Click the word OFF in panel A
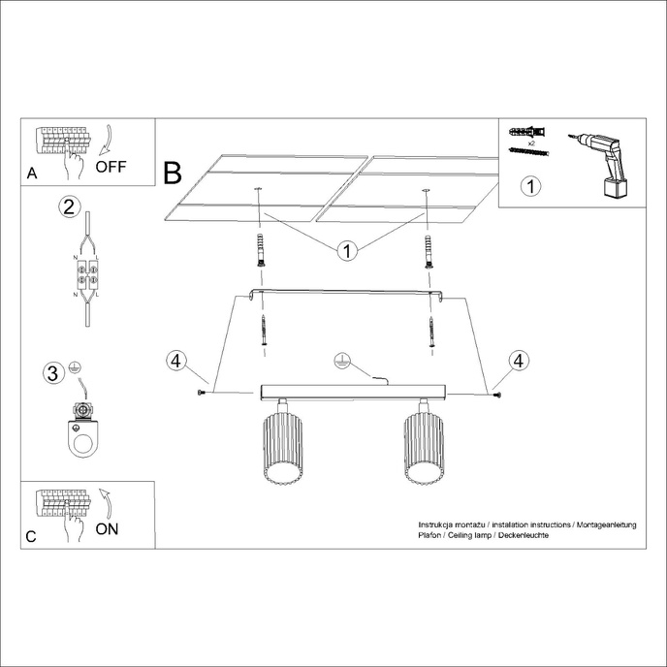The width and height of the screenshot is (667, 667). click(x=111, y=166)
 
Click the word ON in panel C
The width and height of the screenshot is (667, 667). click(x=109, y=528)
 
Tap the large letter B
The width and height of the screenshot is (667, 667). click(x=173, y=174)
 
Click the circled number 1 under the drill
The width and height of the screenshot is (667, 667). click(x=530, y=186)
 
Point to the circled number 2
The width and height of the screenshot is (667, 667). click(x=68, y=206)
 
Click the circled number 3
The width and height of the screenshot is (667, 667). click(x=55, y=371)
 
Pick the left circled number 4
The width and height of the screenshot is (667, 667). click(x=175, y=361)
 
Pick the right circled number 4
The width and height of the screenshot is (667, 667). click(x=521, y=361)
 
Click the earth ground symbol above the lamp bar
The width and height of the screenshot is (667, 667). click(x=338, y=361)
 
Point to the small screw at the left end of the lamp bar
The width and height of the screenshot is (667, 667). click(x=201, y=392)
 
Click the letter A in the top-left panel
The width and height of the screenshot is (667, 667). click(x=32, y=175)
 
